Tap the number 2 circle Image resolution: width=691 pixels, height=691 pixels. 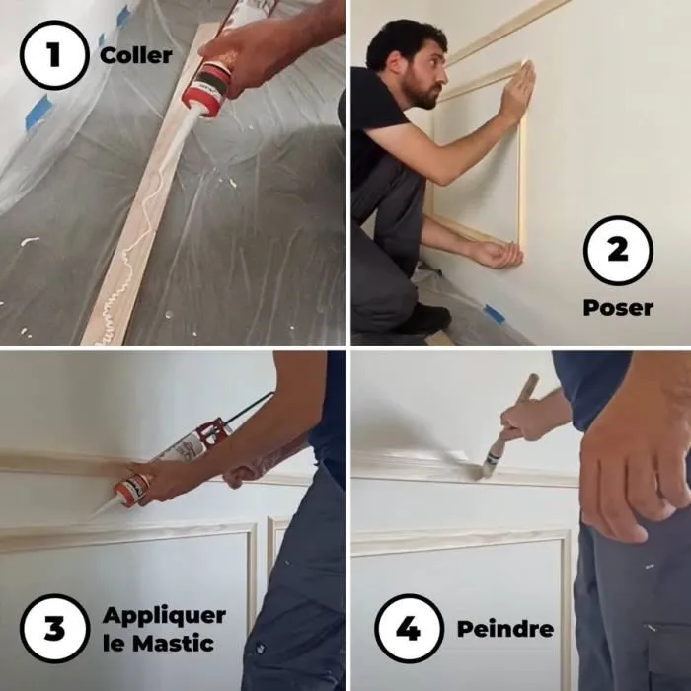[x=618, y=250]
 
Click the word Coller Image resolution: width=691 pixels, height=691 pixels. [x=136, y=54]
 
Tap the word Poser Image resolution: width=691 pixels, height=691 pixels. [x=618, y=308]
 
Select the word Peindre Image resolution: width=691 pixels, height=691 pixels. [x=504, y=629]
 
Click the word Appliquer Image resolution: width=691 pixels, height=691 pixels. [x=164, y=616]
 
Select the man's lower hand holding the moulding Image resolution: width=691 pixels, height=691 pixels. [x=497, y=254]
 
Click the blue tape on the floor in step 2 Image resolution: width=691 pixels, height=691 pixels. [x=493, y=314]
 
